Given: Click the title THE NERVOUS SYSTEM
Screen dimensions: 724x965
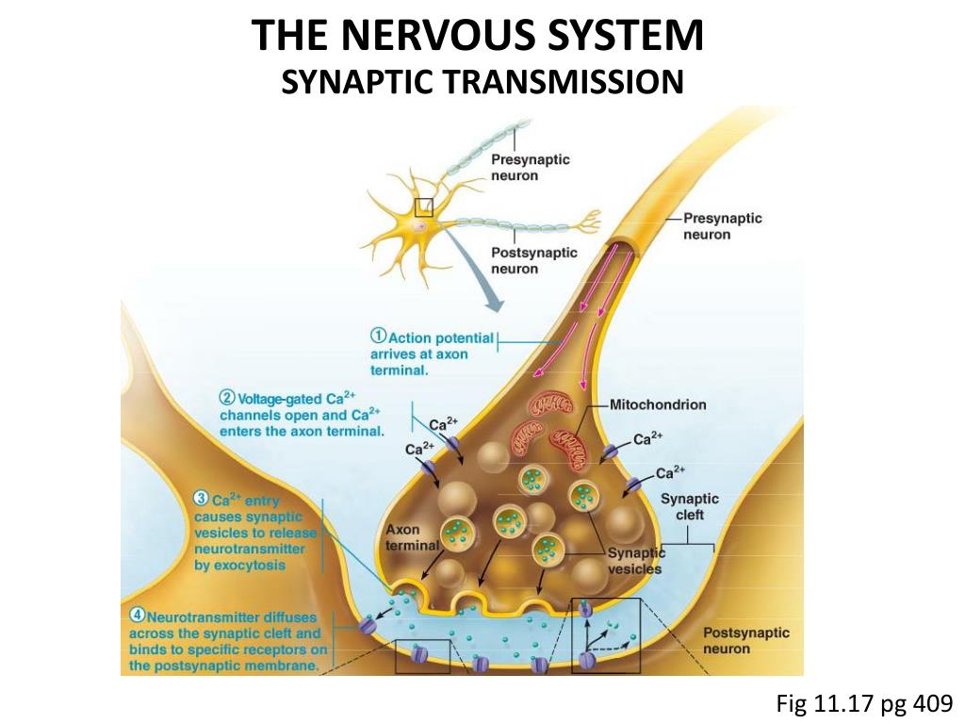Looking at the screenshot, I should tap(478, 37).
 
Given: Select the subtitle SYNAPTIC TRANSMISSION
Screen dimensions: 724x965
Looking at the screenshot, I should tap(482, 82).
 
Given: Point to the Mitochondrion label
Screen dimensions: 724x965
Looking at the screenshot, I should tap(657, 405).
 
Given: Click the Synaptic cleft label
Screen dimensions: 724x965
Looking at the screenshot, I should tap(689, 507).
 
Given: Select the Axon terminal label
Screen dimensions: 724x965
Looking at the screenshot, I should tap(412, 537).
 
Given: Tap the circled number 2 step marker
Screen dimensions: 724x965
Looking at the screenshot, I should tap(227, 397).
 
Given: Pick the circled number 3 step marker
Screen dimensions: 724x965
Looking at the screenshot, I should tap(201, 499).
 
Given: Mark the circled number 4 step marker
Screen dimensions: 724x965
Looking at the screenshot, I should tap(136, 617).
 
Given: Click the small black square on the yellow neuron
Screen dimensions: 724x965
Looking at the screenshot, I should tap(424, 206).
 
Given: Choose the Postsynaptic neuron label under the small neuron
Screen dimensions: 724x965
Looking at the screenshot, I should tap(534, 260).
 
